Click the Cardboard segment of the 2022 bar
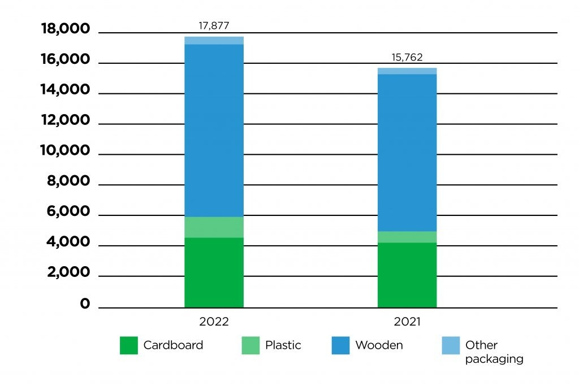[214, 272]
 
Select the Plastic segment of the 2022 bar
[214, 227]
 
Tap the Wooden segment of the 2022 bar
[214, 130]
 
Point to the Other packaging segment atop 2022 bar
[214, 40]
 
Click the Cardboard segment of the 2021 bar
[407, 275]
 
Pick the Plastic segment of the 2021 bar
[407, 237]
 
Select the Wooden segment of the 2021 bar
[407, 153]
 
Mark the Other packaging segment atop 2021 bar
[407, 71]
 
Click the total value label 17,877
[214, 26]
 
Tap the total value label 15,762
[407, 57]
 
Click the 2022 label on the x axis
[214, 322]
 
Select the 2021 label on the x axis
[407, 322]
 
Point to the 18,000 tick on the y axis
[65, 29]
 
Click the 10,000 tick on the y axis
[65, 150]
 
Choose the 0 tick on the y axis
[85, 304]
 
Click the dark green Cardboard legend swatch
[129, 345]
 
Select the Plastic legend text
[283, 345]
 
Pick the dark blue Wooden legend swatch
[340, 345]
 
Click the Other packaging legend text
[494, 352]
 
